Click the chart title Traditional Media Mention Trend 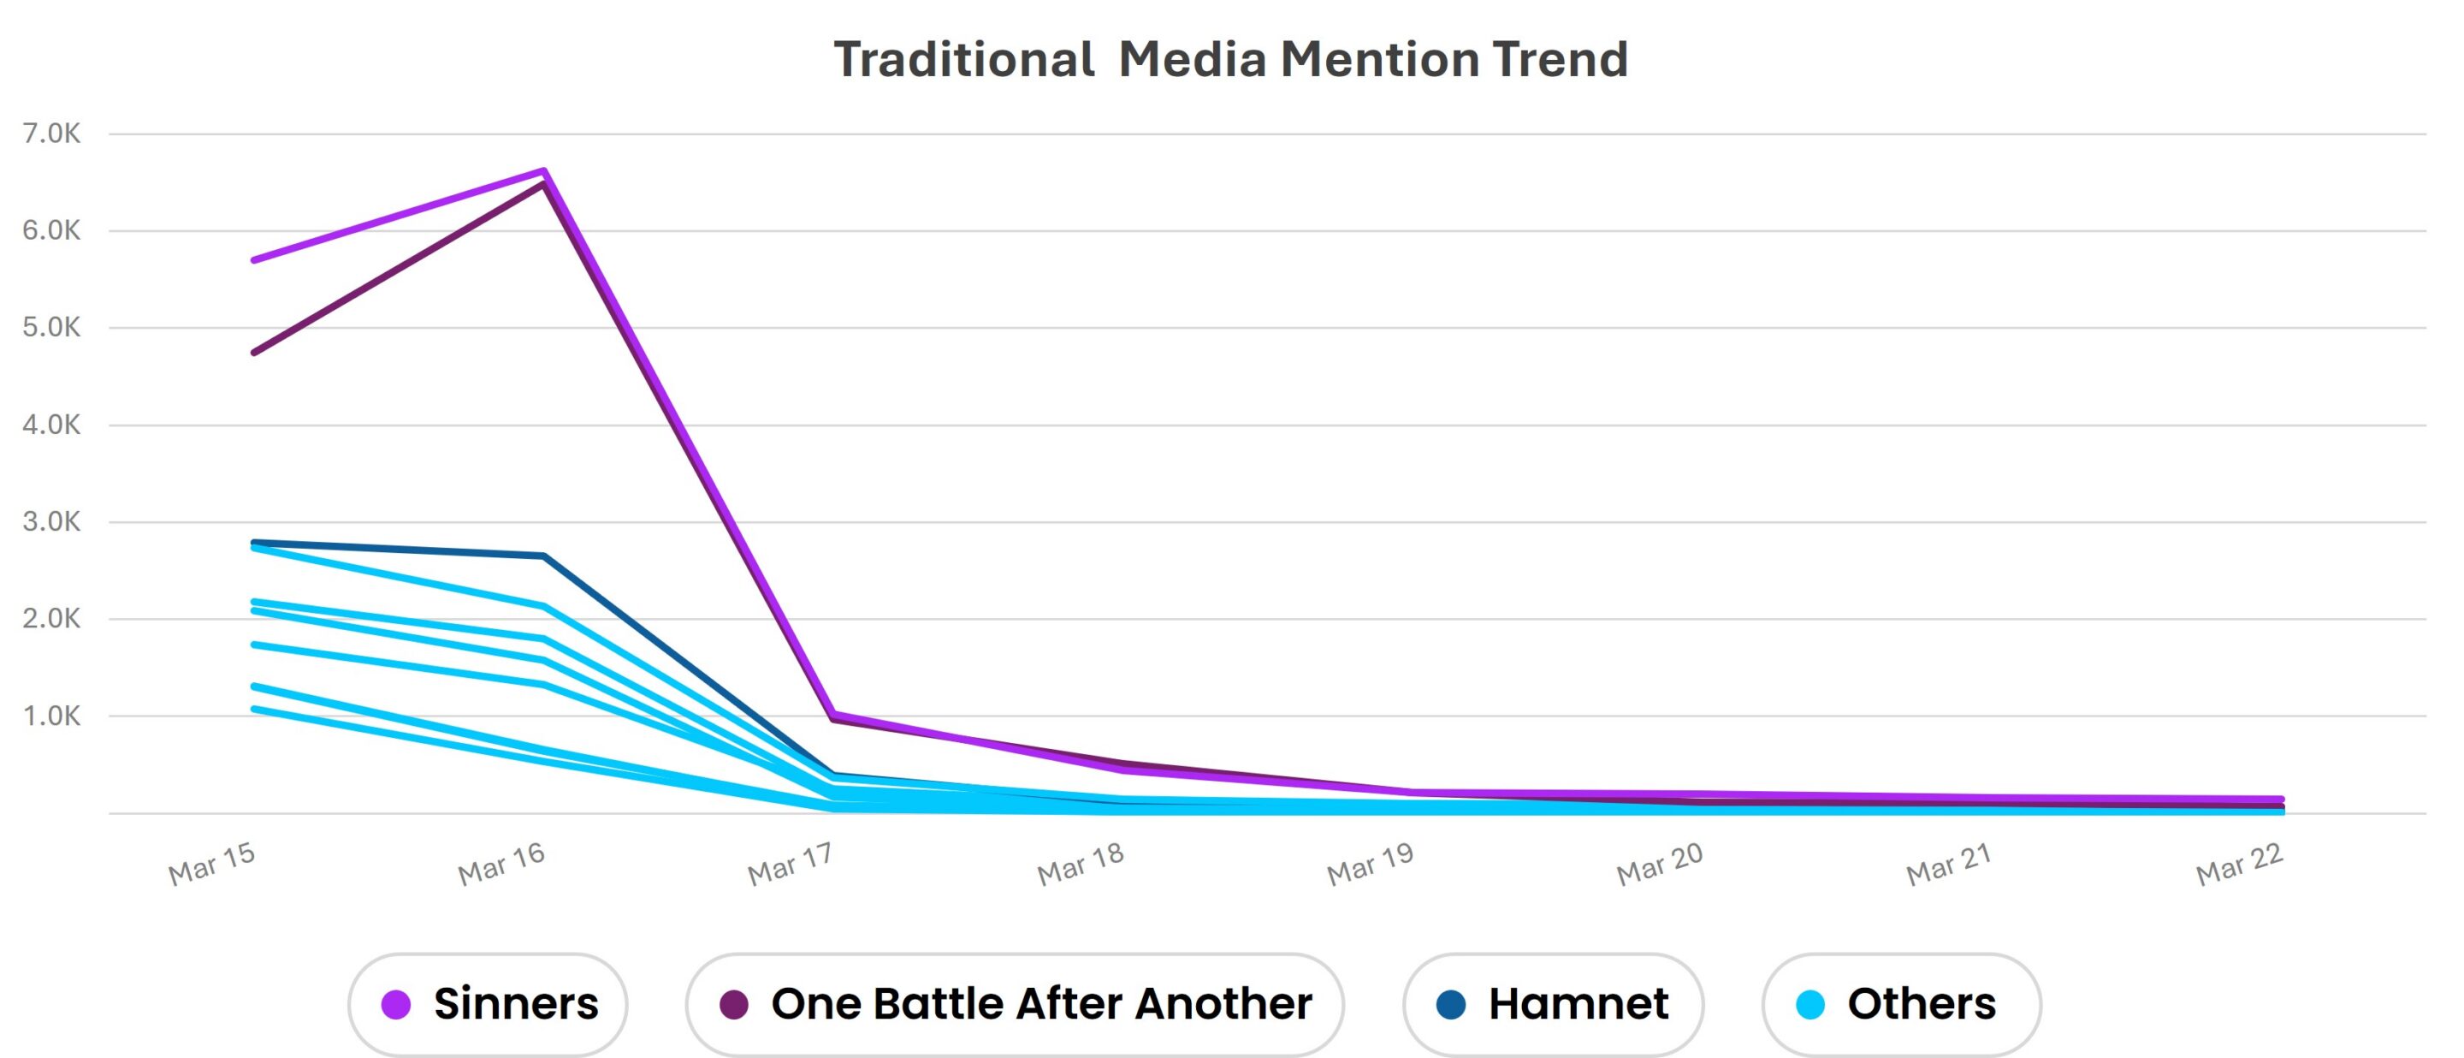click(1230, 59)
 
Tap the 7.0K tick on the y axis click(51, 134)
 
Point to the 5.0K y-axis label click(51, 328)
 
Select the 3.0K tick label click(51, 522)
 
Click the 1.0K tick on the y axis click(51, 716)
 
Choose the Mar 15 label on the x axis click(211, 864)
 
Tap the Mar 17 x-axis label click(790, 864)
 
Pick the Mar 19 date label click(1370, 864)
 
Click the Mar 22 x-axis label click(2238, 864)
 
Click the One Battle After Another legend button click(1015, 1004)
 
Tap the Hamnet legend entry click(1553, 1004)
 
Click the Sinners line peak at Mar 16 click(543, 171)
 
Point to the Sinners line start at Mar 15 click(254, 260)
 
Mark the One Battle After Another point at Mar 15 click(254, 353)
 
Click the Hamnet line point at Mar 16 click(543, 556)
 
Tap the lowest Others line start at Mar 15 click(254, 709)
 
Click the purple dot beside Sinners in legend click(396, 1004)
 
